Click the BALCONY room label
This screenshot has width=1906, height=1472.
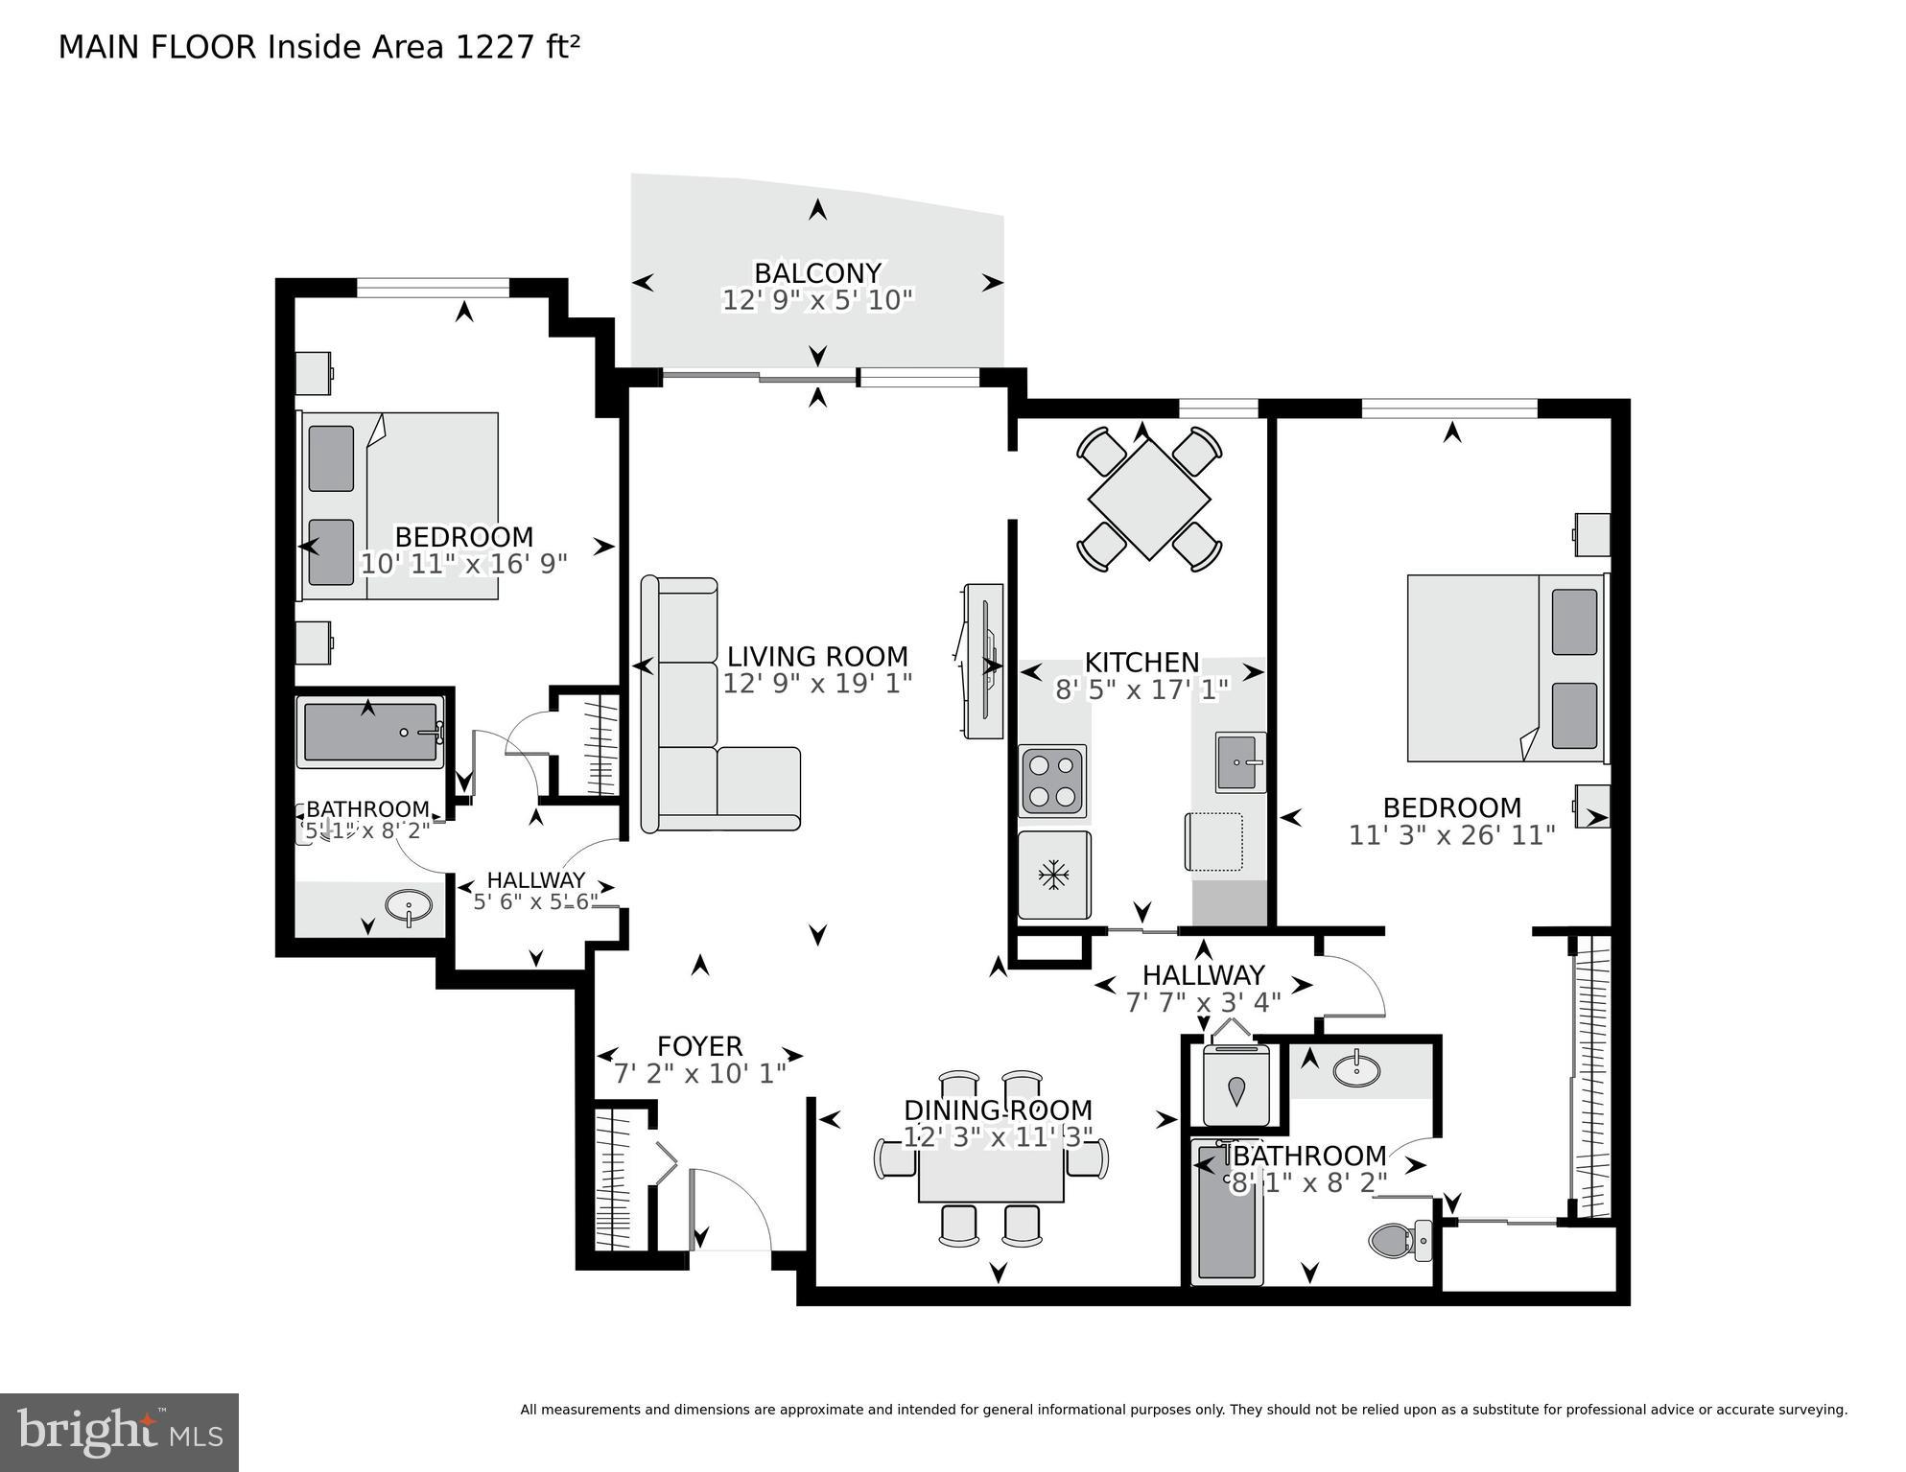coord(817,273)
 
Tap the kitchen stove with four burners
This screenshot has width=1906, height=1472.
coord(1053,781)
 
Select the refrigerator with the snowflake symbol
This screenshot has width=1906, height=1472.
coord(1054,875)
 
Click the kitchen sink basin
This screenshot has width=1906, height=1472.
coord(1239,762)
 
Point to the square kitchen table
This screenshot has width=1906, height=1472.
coord(1149,500)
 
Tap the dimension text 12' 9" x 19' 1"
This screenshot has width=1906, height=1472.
coord(817,684)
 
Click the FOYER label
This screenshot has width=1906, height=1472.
coord(699,1046)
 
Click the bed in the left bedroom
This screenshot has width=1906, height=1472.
coord(401,506)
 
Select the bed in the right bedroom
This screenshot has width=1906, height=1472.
coord(1504,668)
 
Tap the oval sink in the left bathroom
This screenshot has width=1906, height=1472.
coord(408,904)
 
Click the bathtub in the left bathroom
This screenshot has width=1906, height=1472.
coord(370,733)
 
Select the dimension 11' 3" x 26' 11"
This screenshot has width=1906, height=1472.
coord(1451,835)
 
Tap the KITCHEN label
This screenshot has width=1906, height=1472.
coord(1141,663)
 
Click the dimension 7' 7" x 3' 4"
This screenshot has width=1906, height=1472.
coord(1203,1003)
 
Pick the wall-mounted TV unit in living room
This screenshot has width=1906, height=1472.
coord(983,662)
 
